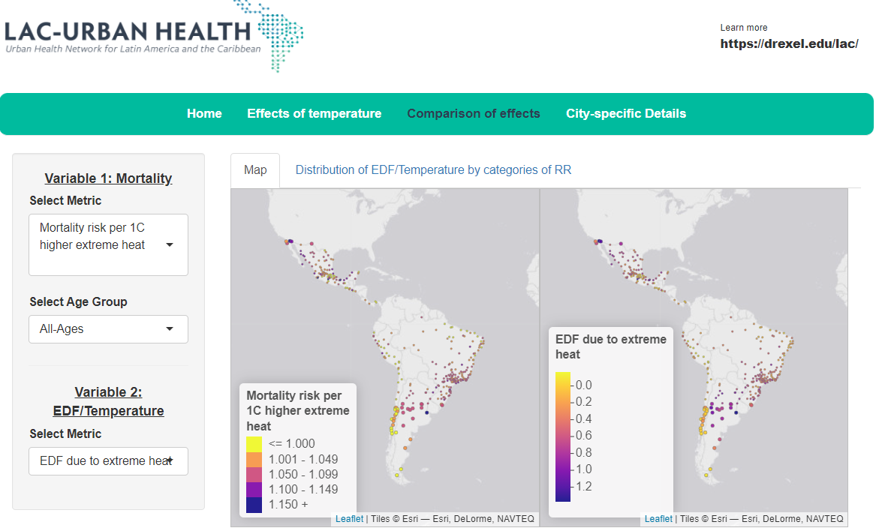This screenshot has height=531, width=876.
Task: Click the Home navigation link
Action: coord(204,114)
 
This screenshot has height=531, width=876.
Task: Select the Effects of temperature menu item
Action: coord(314,114)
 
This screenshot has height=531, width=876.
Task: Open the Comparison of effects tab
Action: coord(473,114)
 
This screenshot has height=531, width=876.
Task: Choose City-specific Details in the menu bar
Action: coord(625,114)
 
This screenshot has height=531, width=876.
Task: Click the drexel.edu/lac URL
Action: coord(789,43)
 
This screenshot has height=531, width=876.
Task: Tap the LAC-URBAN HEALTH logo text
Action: coord(128,31)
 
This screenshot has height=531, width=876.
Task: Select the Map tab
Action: coord(255,170)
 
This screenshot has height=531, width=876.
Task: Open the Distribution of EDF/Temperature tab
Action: coord(433,170)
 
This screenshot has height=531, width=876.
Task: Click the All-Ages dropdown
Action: coord(108,329)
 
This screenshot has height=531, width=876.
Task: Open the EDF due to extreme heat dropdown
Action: coord(108,461)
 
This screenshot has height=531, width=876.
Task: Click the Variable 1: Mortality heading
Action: coord(108,178)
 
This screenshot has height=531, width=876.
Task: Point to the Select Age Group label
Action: coord(78,301)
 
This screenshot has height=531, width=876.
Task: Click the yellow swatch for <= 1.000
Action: coord(254,444)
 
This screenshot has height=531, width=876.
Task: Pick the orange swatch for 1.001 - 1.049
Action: coord(254,459)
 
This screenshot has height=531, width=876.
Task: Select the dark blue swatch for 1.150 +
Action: coord(254,505)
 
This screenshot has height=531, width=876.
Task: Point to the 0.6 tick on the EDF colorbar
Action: coord(582,436)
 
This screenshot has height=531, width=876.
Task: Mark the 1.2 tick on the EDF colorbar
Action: coord(582,487)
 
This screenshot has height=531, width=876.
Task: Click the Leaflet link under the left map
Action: coord(349,519)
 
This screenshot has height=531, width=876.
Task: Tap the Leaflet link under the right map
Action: coord(658,519)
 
